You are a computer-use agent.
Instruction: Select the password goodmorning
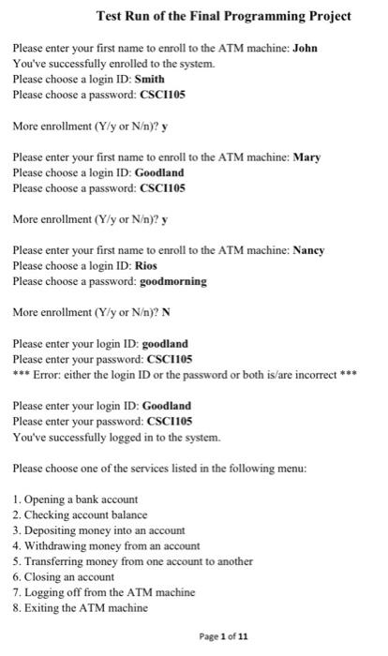coord(173,281)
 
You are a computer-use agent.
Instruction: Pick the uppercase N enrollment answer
coord(142,312)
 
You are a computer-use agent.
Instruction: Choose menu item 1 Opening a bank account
coord(75,499)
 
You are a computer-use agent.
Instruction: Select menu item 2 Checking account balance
coord(80,514)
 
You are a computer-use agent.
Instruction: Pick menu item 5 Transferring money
coord(132,561)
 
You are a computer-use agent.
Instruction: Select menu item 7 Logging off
coord(103,592)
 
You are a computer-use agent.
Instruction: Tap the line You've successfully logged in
coord(116,438)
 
